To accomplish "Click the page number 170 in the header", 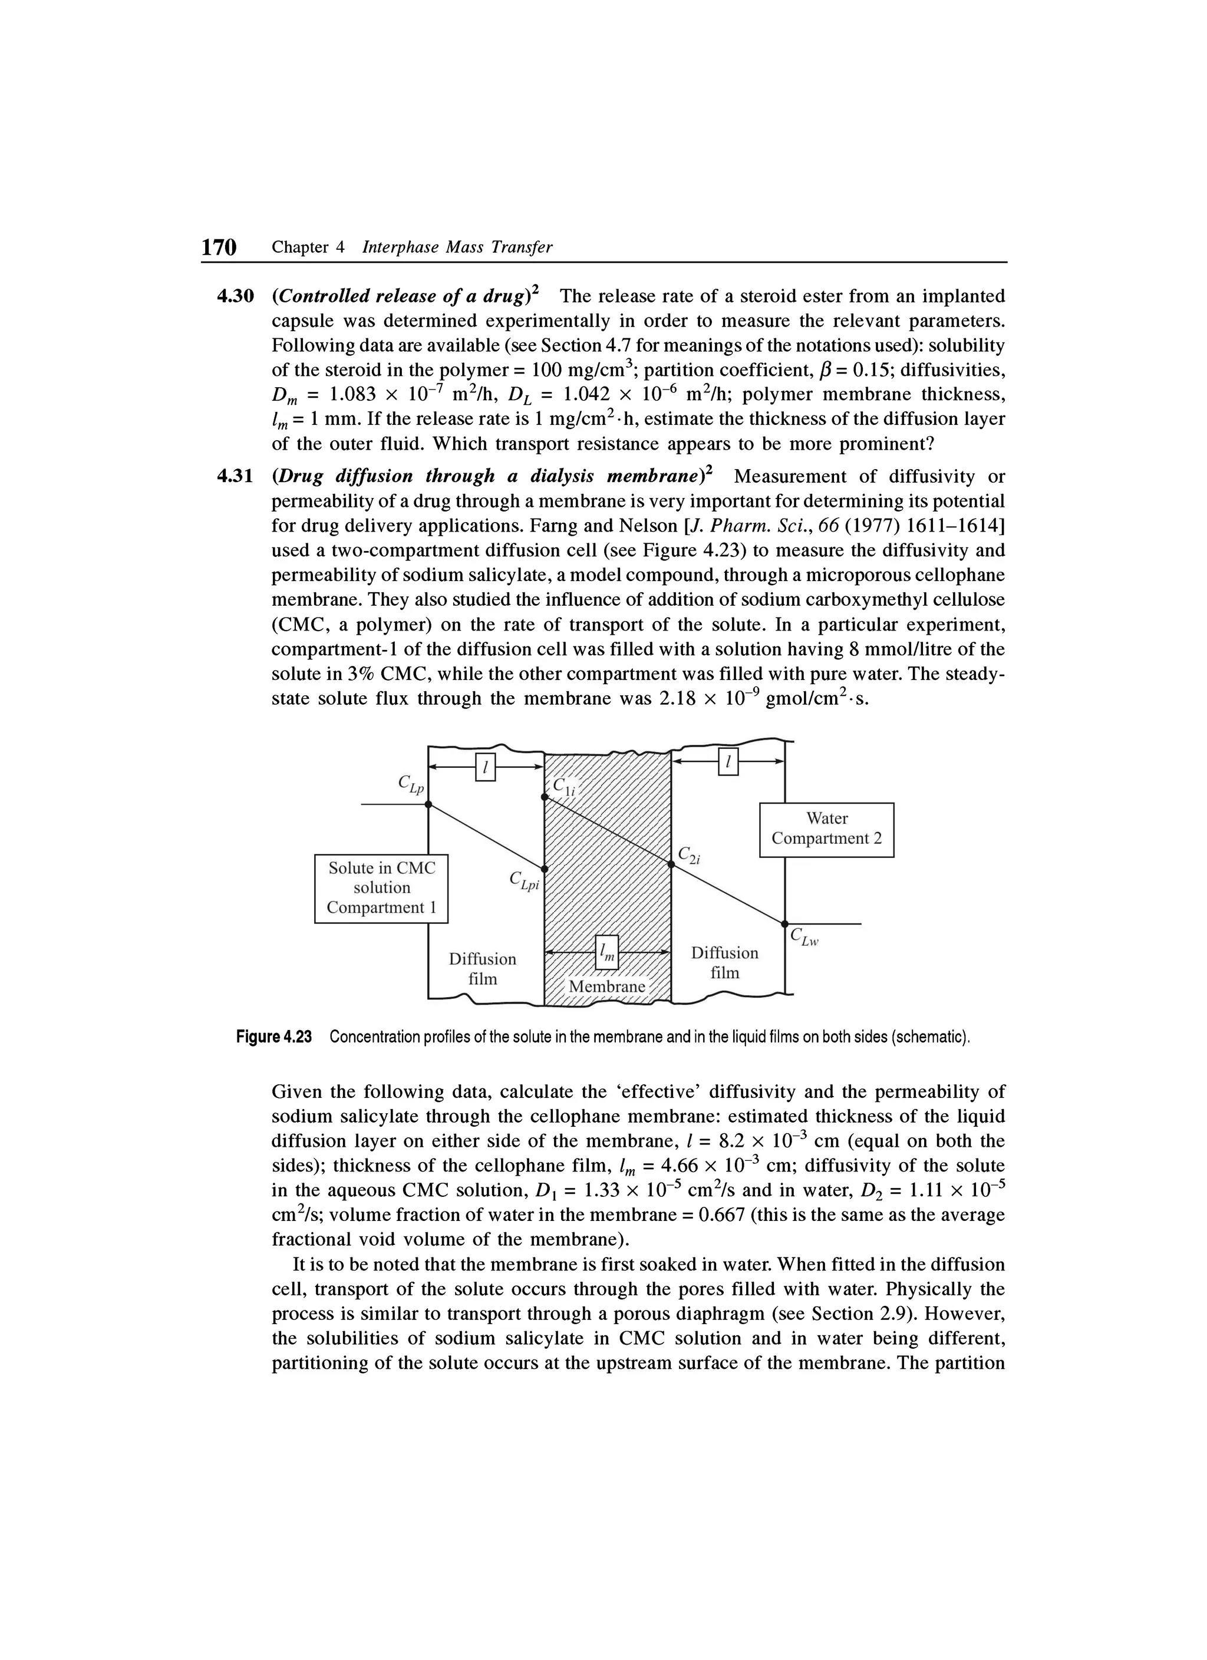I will click(x=220, y=247).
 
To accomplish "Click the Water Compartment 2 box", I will click(x=826, y=829).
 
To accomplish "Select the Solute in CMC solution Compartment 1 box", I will click(x=381, y=888).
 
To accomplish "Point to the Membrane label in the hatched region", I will click(x=607, y=986).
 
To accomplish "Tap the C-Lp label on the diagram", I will click(x=411, y=783).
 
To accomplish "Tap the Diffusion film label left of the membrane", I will click(x=482, y=968).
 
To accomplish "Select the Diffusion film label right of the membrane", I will click(x=725, y=962).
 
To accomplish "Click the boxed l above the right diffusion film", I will click(x=728, y=762).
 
